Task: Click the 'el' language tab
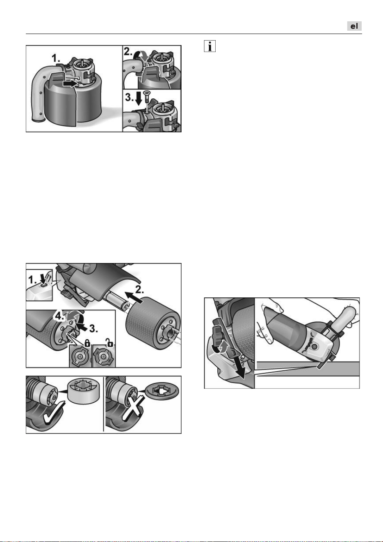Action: [x=354, y=26]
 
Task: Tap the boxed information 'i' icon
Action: [x=210, y=46]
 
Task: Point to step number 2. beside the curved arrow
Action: [x=128, y=51]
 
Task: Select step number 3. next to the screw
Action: [x=129, y=98]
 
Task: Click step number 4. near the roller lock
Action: [x=59, y=317]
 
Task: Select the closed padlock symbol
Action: [x=87, y=343]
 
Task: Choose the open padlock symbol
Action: [x=109, y=342]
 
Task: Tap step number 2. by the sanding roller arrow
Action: [x=139, y=289]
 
